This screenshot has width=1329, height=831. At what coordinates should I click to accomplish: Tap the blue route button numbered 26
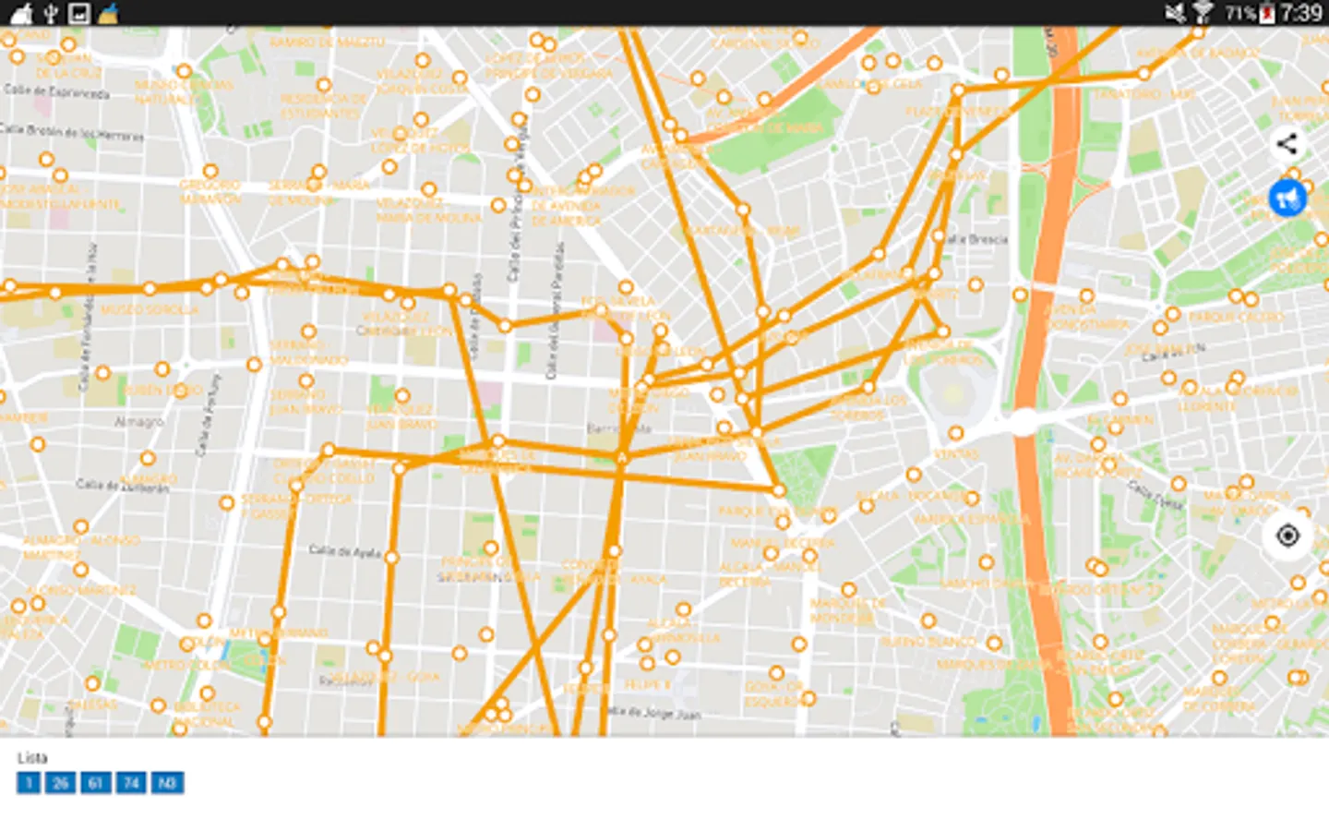pos(60,783)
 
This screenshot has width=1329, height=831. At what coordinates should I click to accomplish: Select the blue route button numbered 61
pos(95,783)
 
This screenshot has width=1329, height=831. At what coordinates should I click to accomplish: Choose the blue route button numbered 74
pos(131,783)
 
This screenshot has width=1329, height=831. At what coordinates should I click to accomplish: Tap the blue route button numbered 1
pos(29,783)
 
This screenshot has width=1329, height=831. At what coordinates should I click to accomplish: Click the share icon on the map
pos(1287,144)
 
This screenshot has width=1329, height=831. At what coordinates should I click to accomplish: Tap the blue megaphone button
pos(1287,198)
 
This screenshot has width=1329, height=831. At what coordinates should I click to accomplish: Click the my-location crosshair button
pos(1287,536)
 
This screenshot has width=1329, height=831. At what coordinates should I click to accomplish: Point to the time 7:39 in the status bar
pos(1300,13)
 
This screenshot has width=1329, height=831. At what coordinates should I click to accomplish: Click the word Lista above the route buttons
pos(32,758)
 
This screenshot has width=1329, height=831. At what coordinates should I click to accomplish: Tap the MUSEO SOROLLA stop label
pos(150,310)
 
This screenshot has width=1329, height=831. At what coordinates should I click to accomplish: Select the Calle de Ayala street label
pos(344,551)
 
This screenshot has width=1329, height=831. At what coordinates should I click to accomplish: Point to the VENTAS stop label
pos(955,453)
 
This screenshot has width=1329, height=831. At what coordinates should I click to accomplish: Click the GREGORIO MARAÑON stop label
pos(210,192)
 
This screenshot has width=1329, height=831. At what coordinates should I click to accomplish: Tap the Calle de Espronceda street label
pos(57,91)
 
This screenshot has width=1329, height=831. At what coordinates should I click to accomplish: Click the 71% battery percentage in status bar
pos(1239,13)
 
